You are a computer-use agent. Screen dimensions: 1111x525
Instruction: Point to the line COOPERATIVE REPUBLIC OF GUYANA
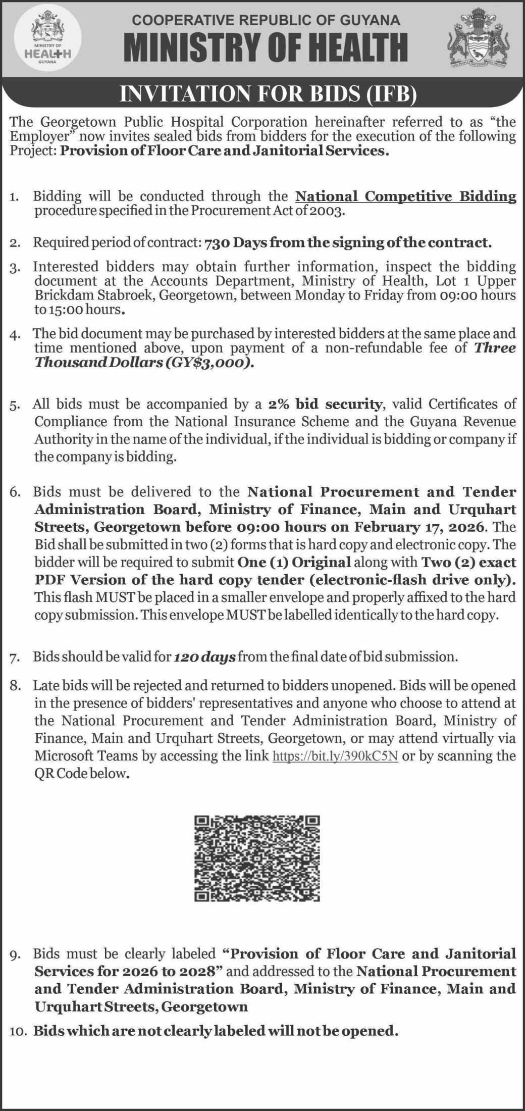266,20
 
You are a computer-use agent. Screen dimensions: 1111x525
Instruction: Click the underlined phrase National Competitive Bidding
405,196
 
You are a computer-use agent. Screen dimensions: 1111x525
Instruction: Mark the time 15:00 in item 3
61,310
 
